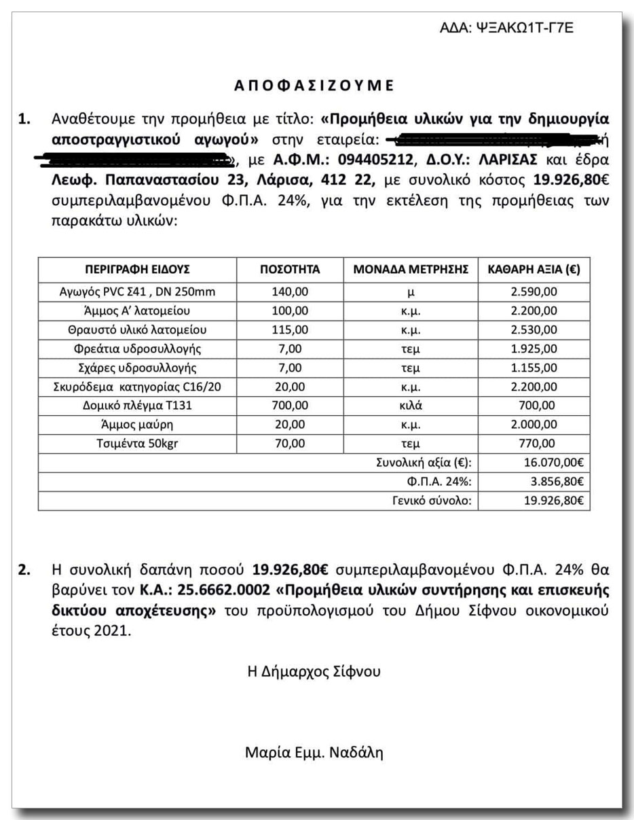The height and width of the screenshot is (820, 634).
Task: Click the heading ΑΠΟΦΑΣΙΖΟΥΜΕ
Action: [314, 86]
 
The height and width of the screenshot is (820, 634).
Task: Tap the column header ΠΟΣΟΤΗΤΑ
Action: [290, 269]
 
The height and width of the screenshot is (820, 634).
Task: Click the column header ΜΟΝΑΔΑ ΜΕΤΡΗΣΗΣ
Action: [411, 269]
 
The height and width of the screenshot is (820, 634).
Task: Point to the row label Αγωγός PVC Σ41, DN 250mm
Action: [137, 292]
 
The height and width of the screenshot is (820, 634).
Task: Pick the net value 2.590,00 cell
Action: [534, 292]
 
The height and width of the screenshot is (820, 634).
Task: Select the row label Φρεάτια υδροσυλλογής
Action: [137, 349]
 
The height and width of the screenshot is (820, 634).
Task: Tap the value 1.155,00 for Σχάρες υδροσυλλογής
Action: [534, 368]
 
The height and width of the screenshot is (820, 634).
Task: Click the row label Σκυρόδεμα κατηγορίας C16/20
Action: [137, 387]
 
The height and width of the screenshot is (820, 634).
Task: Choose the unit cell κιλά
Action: [411, 406]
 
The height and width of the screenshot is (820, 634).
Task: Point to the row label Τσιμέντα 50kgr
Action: [137, 444]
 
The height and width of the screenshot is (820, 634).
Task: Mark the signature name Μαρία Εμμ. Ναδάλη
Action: [314, 753]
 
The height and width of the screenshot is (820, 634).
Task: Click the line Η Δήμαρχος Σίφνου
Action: [314, 672]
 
